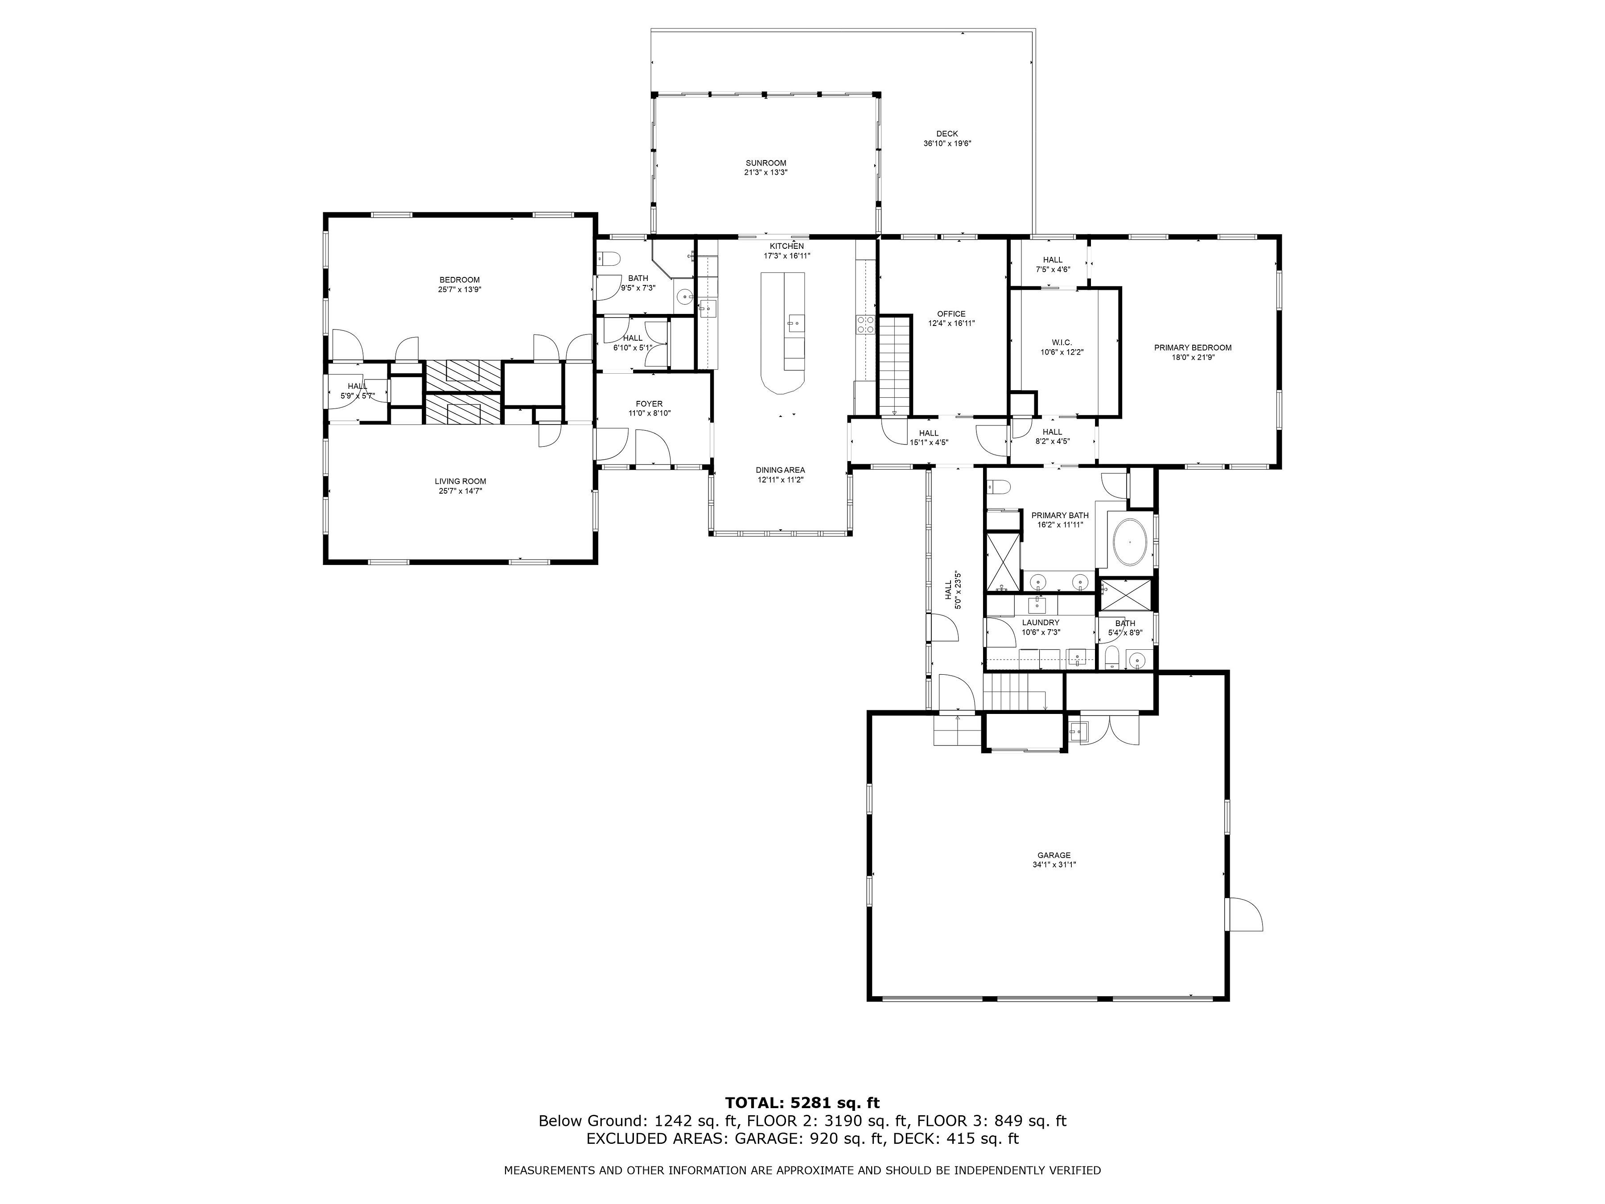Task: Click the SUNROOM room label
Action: pos(765,163)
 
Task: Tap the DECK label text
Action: pos(947,133)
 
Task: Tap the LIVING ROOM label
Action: pos(460,481)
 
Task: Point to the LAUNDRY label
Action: pos(1041,623)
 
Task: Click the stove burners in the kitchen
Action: pos(865,324)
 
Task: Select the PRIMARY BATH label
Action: pos(1060,515)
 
